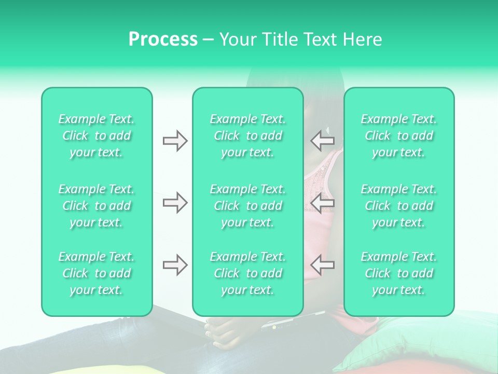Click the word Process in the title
pyautogui.click(x=163, y=39)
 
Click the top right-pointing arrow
pyautogui.click(x=175, y=141)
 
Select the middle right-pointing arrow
pyautogui.click(x=175, y=202)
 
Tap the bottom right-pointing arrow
pyautogui.click(x=175, y=265)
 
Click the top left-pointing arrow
pyautogui.click(x=323, y=141)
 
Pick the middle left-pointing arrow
pyautogui.click(x=323, y=202)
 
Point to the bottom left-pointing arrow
pyautogui.click(x=323, y=265)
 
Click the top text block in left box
pyautogui.click(x=96, y=136)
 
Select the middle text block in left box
pyautogui.click(x=96, y=206)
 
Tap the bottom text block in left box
pyautogui.click(x=96, y=273)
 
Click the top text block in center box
pyautogui.click(x=248, y=136)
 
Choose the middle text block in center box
pyautogui.click(x=248, y=206)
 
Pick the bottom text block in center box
pyautogui.click(x=248, y=273)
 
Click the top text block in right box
pyautogui.click(x=399, y=136)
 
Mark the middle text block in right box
pyautogui.click(x=399, y=206)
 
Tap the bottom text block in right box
pyautogui.click(x=399, y=273)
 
